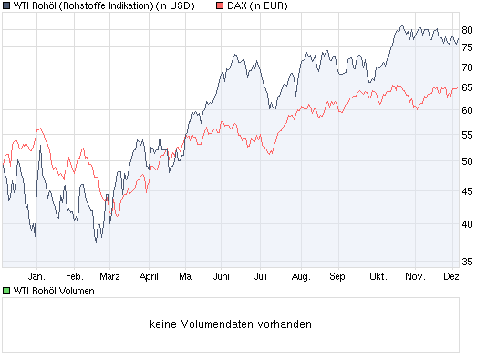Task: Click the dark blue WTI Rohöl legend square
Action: pyautogui.click(x=7, y=6)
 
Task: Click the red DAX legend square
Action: pyautogui.click(x=220, y=6)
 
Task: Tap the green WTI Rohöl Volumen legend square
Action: pyautogui.click(x=7, y=291)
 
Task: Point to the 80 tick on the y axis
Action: pyautogui.click(x=467, y=29)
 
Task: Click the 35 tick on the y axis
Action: pyautogui.click(x=467, y=261)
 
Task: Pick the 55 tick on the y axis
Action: pyautogui.click(x=467, y=134)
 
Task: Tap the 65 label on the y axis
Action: pyautogui.click(x=467, y=87)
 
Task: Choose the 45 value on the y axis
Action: pyautogui.click(x=467, y=191)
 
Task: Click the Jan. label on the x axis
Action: pyautogui.click(x=36, y=275)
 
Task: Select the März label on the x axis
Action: pyautogui.click(x=110, y=275)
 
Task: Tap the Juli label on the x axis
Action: pyautogui.click(x=261, y=275)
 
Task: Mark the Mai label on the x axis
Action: pyautogui.click(x=186, y=275)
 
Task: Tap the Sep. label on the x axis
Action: pyautogui.click(x=338, y=275)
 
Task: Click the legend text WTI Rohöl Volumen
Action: pyautogui.click(x=54, y=291)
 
